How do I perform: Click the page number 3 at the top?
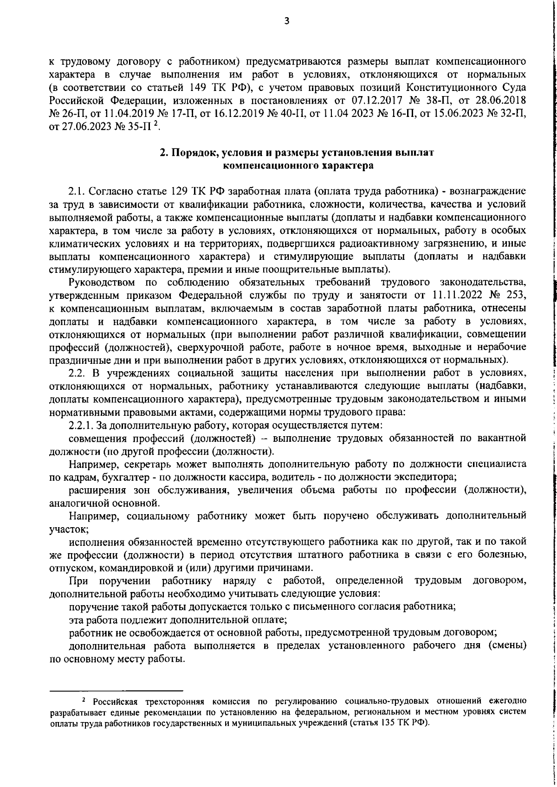pyautogui.click(x=286, y=20)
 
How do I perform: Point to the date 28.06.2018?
pyautogui.click(x=505, y=100)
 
